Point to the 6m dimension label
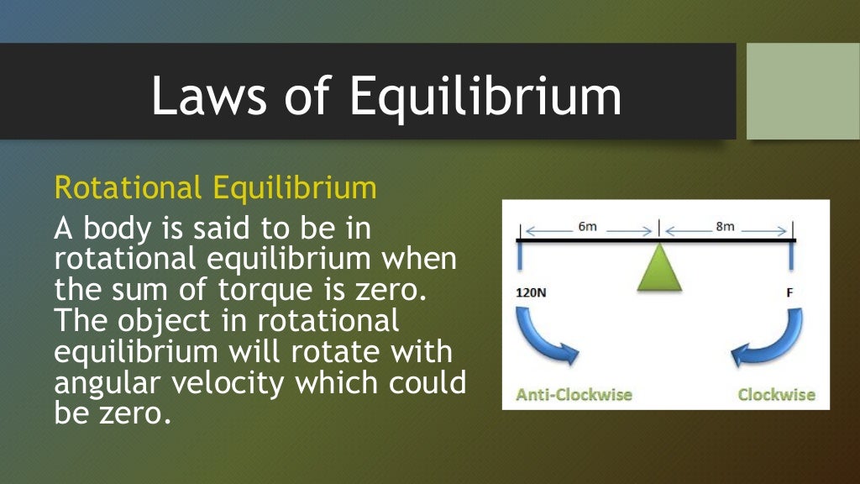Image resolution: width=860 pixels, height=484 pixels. pos(588,227)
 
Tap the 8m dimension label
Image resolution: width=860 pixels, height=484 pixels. pos(725,227)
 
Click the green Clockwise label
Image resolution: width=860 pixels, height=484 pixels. pos(776,394)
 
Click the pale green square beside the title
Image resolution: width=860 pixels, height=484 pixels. pos(803,92)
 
